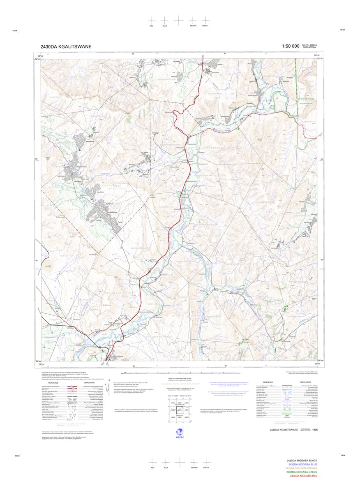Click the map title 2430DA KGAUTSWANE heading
[x=66, y=47]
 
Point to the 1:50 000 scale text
[x=290, y=46]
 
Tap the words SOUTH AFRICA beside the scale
[x=309, y=45]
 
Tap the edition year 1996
[x=314, y=430]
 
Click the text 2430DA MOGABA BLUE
[x=303, y=464]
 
